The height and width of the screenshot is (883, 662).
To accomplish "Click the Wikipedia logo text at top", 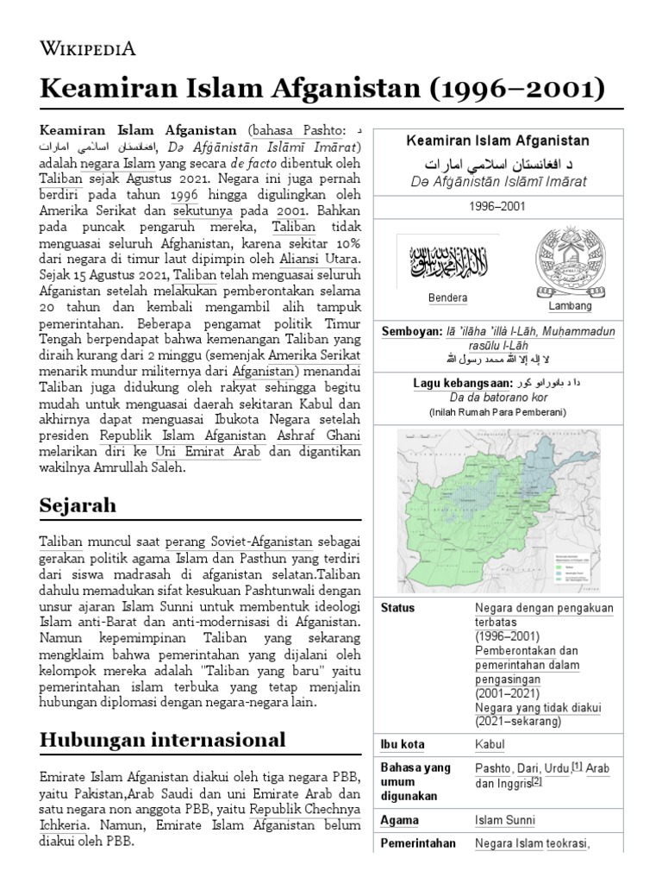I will pos(89,48).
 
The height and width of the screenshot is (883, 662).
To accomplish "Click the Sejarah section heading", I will pos(78,504).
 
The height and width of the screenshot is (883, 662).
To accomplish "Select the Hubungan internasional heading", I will pos(162,739).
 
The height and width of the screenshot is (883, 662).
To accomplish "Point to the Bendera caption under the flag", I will pos(447,298).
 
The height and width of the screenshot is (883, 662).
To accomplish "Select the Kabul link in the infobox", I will pos(490,744).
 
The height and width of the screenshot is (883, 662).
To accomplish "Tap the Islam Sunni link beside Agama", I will pos(504,820).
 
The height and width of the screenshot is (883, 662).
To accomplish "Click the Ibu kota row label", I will pos(403,744).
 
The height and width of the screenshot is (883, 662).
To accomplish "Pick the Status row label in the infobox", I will pos(397,607).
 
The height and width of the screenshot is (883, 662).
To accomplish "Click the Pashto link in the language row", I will pos(492,768).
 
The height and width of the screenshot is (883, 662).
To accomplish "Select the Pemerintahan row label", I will pos(418,843).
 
